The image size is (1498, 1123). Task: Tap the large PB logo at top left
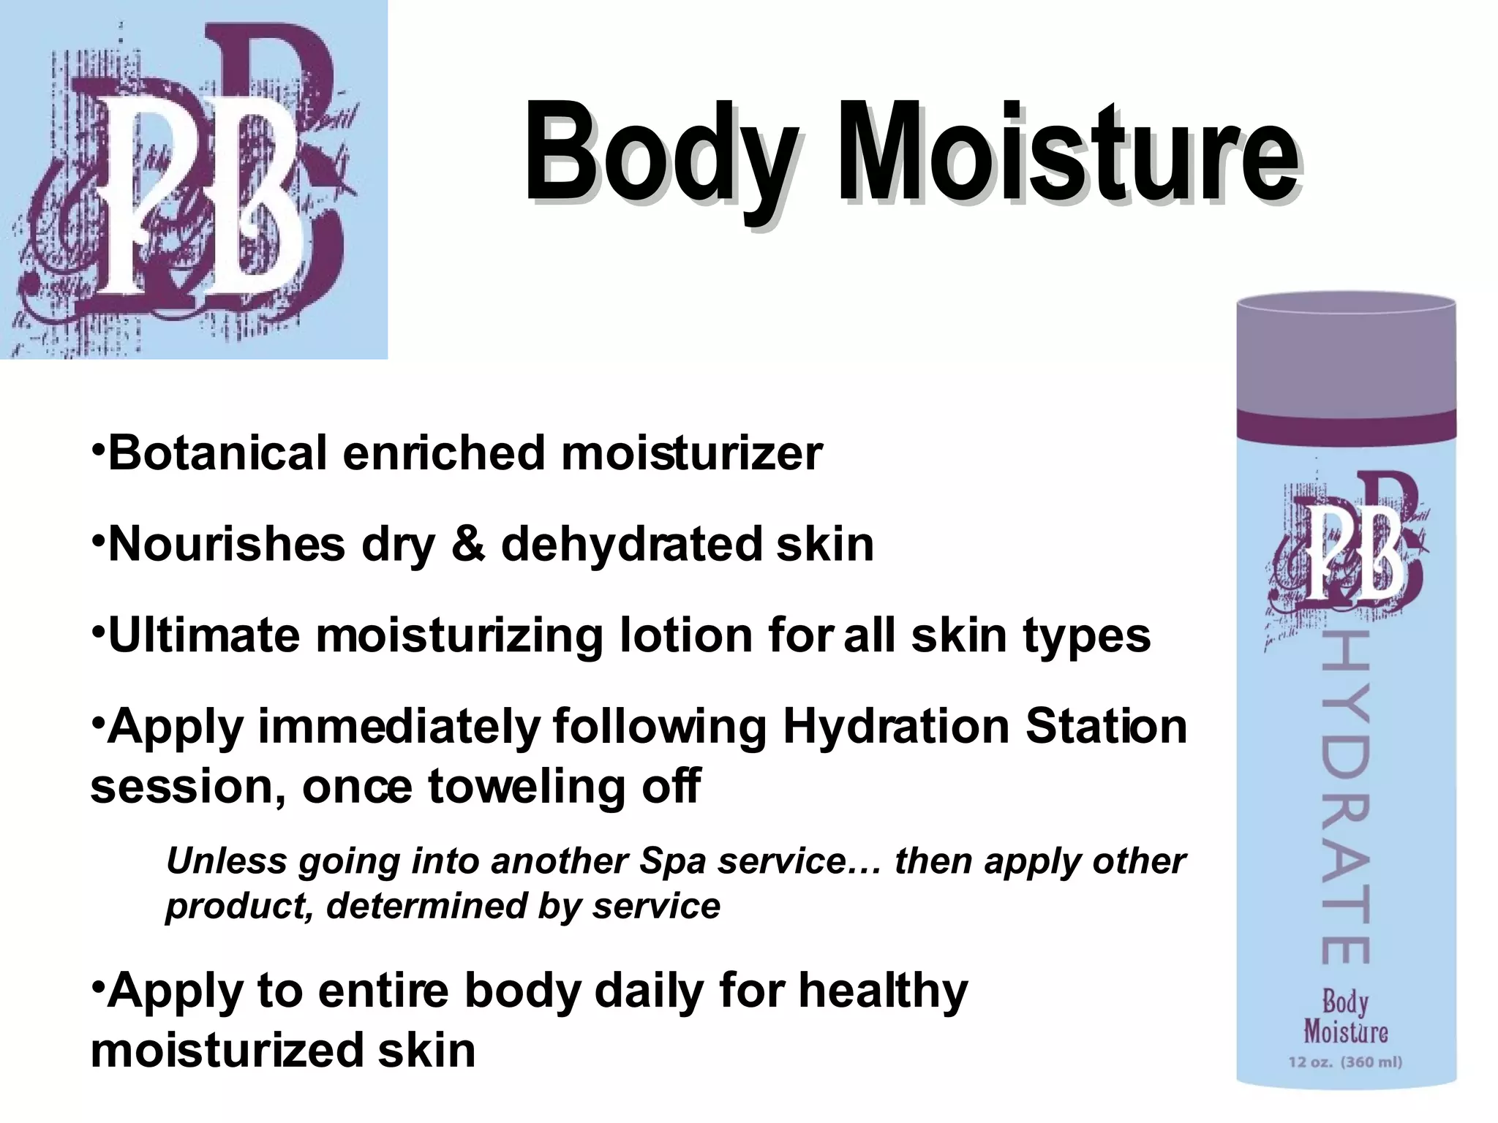point(193,180)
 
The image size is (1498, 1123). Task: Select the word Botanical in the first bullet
point(217,453)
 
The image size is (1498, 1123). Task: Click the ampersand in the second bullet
point(467,544)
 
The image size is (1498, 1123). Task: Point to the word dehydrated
point(631,544)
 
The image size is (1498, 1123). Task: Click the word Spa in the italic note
point(671,861)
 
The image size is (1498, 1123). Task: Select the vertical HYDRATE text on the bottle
point(1346,797)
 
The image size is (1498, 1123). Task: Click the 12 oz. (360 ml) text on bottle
point(1345,1062)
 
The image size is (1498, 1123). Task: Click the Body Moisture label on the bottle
point(1345,1017)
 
